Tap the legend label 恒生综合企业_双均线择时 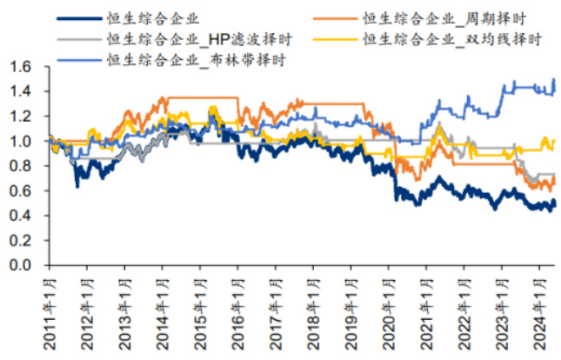pos(451,39)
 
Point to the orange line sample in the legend pos(334,17)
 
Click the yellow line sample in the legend pos(334,39)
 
